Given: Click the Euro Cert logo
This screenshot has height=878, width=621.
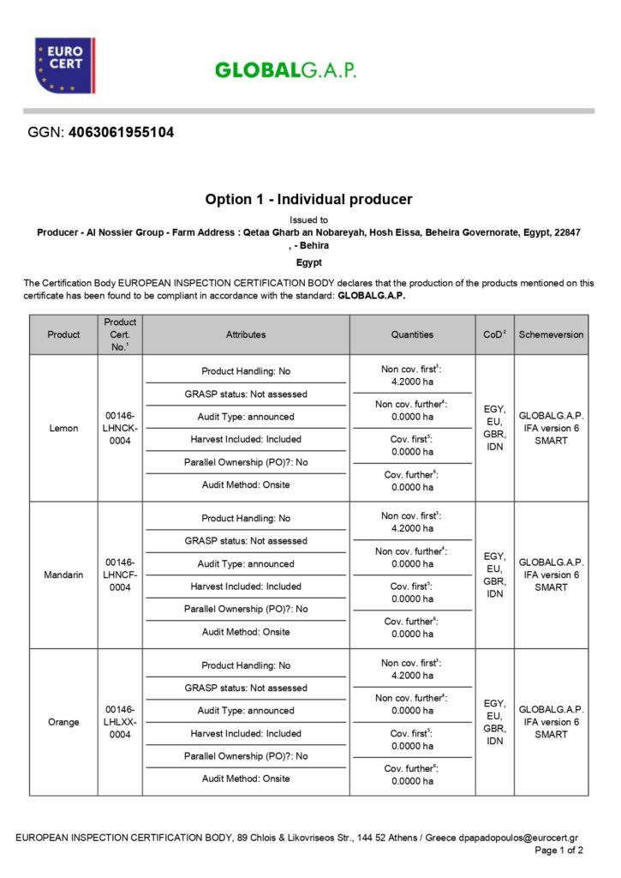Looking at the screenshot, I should click(x=64, y=65).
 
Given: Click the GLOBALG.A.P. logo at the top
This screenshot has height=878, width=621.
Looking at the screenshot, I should click(x=285, y=70).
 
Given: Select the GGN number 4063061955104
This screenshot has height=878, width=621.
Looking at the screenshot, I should click(x=121, y=133).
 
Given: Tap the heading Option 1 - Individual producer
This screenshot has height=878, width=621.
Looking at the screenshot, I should click(x=308, y=199).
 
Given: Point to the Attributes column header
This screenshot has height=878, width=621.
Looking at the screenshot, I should click(x=246, y=334).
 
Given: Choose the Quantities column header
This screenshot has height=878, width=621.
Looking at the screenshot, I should click(x=412, y=334).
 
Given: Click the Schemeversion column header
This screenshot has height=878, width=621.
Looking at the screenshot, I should click(x=551, y=334).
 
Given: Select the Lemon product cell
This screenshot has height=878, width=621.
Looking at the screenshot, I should click(x=63, y=428).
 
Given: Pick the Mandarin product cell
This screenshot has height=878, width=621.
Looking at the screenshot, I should click(x=63, y=574).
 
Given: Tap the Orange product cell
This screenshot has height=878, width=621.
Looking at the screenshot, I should click(x=63, y=722).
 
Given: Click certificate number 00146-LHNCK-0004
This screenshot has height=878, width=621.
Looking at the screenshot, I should click(x=120, y=428).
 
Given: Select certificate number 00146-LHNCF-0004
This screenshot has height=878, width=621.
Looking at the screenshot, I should click(x=120, y=574).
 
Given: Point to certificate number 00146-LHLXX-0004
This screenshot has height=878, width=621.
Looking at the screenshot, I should click(x=120, y=722).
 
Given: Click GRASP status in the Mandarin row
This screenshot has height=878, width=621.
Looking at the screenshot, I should click(x=246, y=541).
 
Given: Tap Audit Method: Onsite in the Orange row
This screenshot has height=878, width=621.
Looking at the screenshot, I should click(x=246, y=779).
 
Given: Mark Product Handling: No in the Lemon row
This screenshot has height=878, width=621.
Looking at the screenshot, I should click(x=246, y=371).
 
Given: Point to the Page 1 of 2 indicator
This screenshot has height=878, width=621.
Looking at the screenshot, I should click(x=558, y=851).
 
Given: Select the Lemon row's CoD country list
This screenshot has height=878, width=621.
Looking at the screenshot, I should click(x=494, y=428).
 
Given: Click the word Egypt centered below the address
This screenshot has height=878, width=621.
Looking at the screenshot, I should click(x=308, y=262).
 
